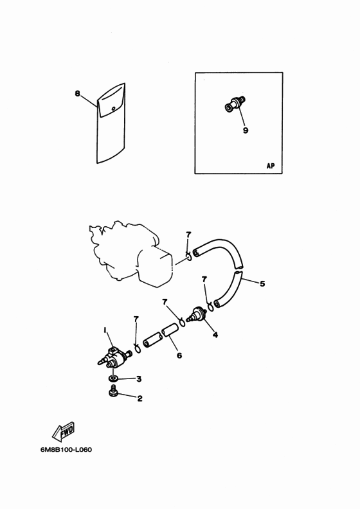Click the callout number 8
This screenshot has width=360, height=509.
pyautogui.click(x=77, y=93)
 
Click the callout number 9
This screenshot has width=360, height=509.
pyautogui.click(x=246, y=130)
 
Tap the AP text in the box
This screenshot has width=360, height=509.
pyautogui.click(x=271, y=166)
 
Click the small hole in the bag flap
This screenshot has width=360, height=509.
pyautogui.click(x=113, y=109)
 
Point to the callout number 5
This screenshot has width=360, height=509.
pyautogui.click(x=262, y=283)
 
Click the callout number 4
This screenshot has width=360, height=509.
pyautogui.click(x=215, y=334)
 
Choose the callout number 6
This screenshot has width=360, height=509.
pyautogui.click(x=179, y=355)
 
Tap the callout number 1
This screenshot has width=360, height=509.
pyautogui.click(x=105, y=330)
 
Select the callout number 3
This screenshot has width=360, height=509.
pyautogui.click(x=139, y=379)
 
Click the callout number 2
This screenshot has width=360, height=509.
pyautogui.click(x=139, y=398)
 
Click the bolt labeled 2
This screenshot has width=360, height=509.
pyautogui.click(x=113, y=391)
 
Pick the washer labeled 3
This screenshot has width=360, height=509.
pyautogui.click(x=113, y=378)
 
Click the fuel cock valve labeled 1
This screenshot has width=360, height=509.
pyautogui.click(x=114, y=358)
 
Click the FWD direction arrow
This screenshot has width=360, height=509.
pyautogui.click(x=64, y=431)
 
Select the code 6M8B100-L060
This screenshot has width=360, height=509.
pyautogui.click(x=66, y=450)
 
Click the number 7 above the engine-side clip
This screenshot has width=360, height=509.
pyautogui.click(x=188, y=235)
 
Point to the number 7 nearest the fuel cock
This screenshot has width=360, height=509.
pyautogui.click(x=136, y=319)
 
